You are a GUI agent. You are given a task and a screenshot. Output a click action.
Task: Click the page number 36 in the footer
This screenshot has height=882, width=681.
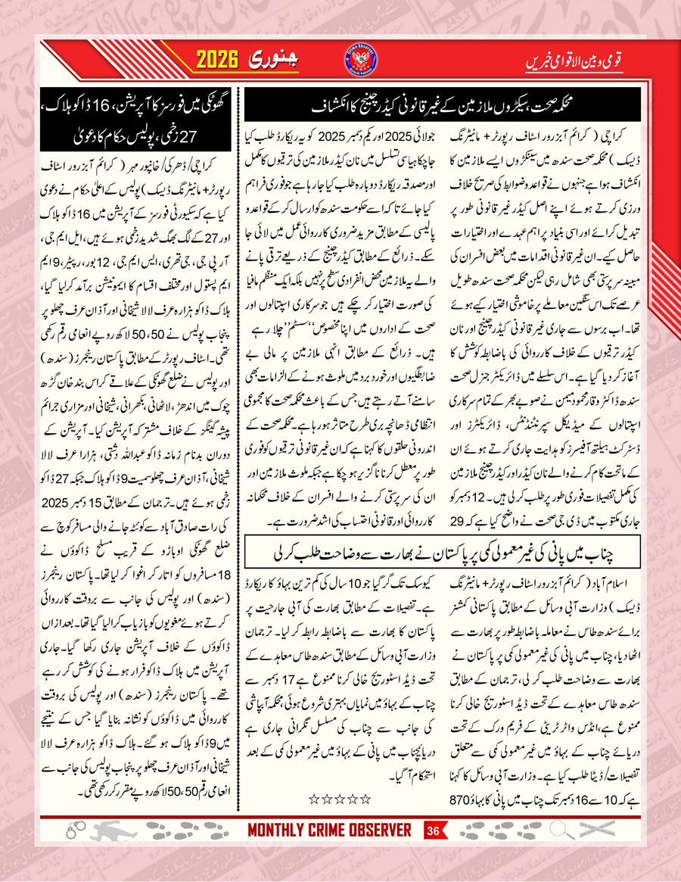[x=434, y=831]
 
